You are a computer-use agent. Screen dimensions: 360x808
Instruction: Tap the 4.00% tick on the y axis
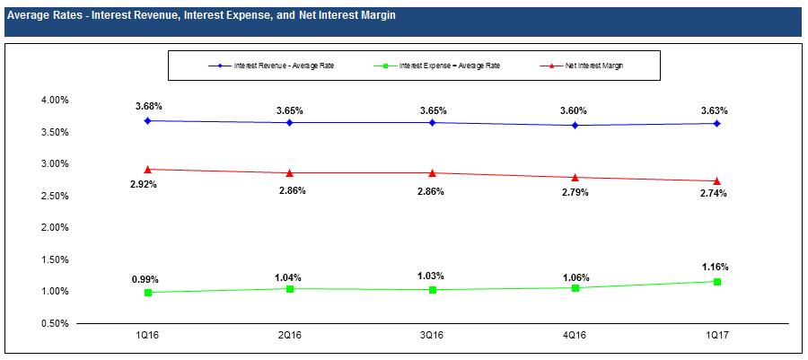pos(55,101)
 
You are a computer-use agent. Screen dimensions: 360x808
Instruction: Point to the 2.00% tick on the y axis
pos(55,228)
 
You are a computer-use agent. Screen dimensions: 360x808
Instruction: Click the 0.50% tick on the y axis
pos(55,323)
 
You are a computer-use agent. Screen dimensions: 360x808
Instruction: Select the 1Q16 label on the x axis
pos(147,335)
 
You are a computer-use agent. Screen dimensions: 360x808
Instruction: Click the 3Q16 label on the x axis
pos(432,335)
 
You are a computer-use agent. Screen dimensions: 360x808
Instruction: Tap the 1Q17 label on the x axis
pos(716,335)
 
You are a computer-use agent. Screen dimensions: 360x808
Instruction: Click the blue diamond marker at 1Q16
pos(147,120)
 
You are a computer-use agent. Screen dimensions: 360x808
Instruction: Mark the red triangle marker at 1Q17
pos(716,181)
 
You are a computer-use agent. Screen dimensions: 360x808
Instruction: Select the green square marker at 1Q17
pos(716,282)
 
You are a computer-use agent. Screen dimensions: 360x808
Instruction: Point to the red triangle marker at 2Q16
pos(289,172)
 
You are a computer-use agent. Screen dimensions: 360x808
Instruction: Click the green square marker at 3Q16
pos(432,290)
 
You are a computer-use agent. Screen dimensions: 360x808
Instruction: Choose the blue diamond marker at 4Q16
pos(574,126)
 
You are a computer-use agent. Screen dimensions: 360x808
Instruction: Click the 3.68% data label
pos(147,107)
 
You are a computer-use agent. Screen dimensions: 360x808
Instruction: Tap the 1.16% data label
pos(716,267)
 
